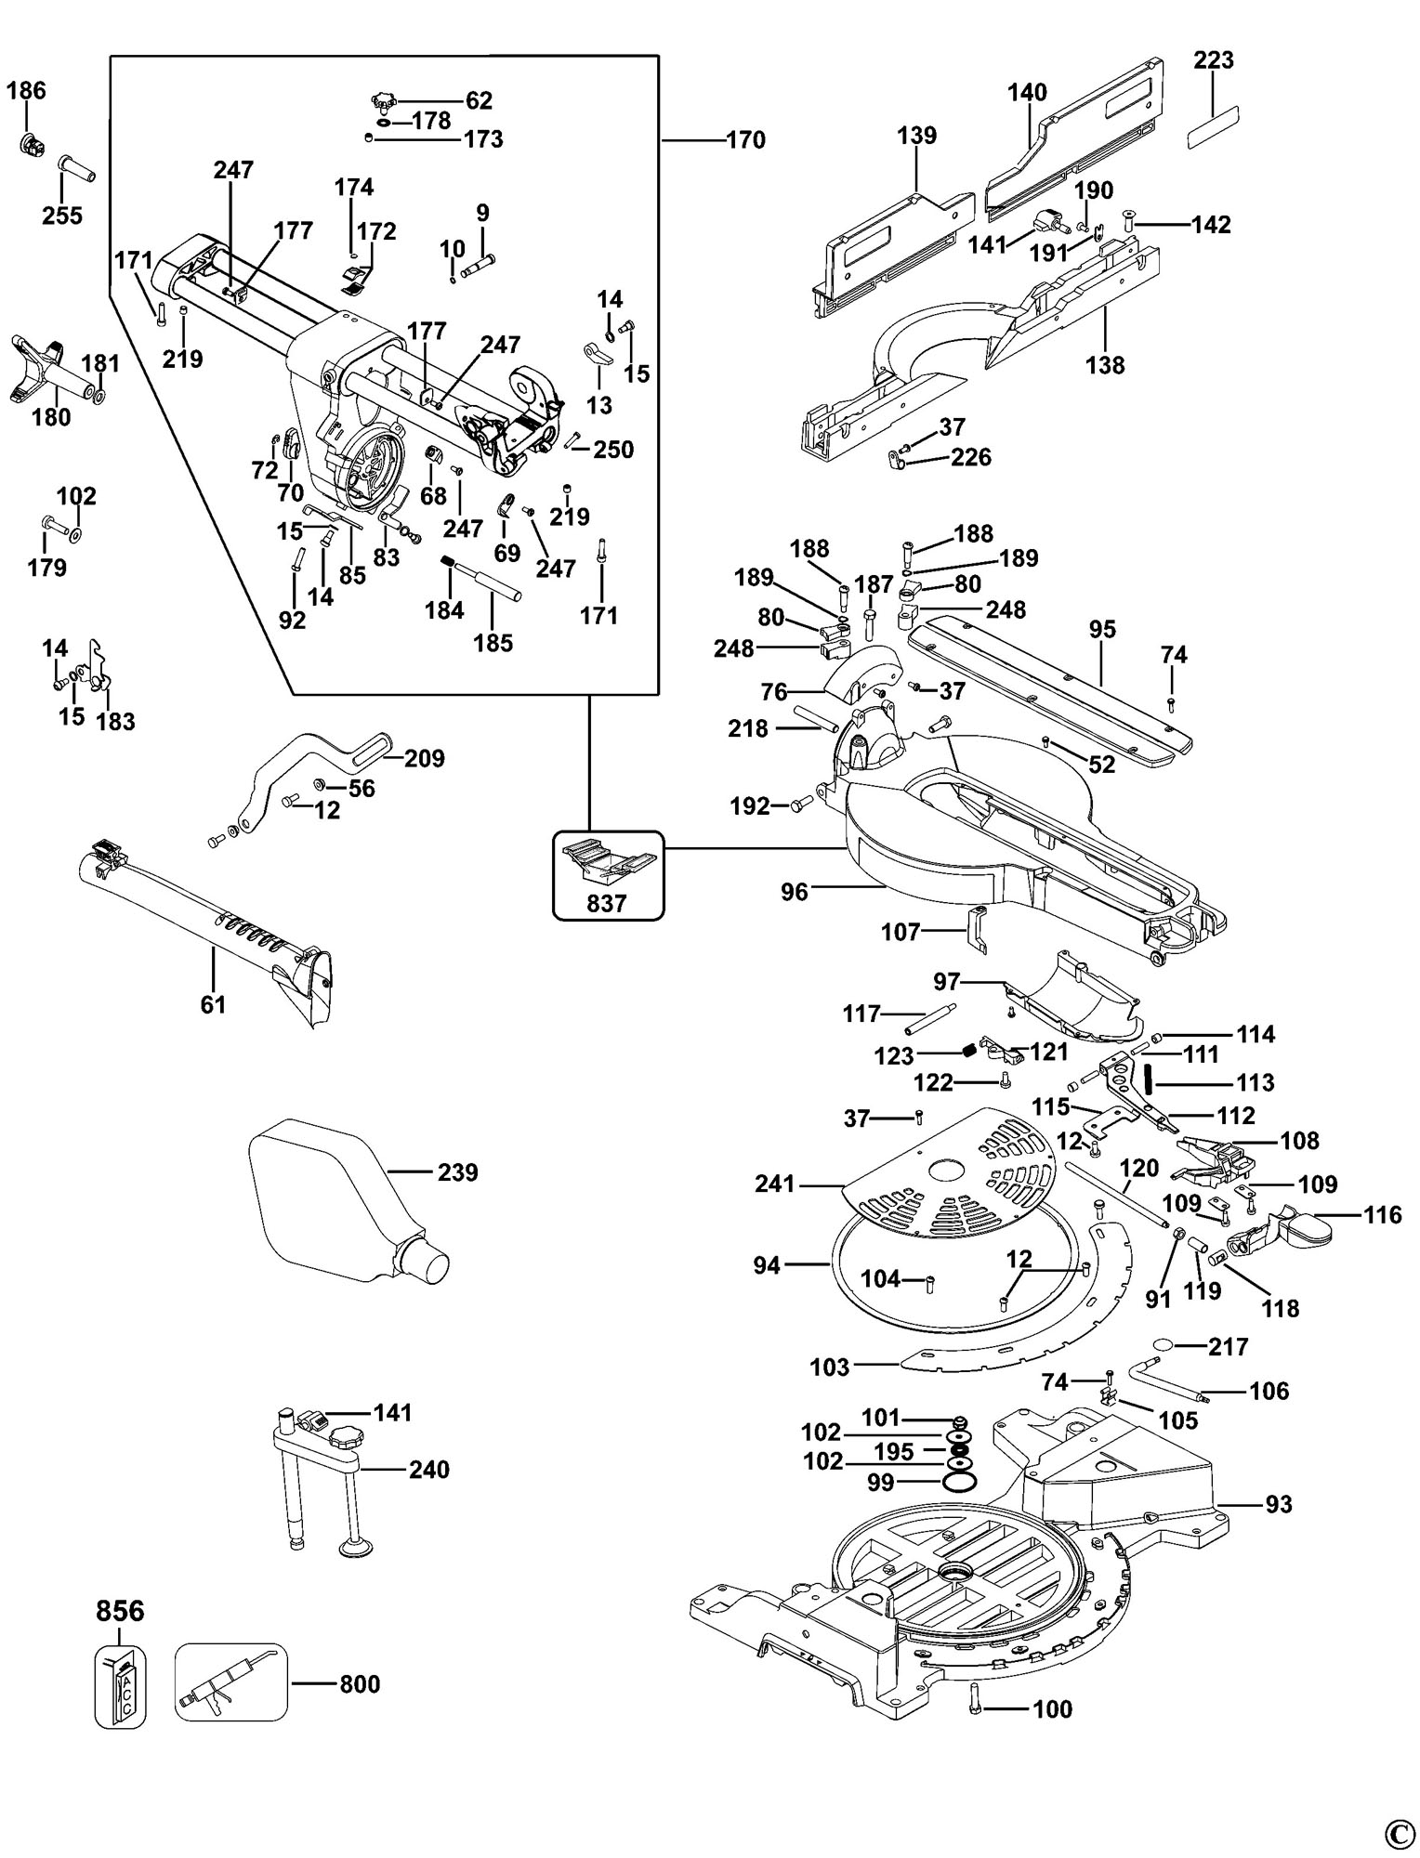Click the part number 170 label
pyautogui.click(x=745, y=140)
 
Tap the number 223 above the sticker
pyautogui.click(x=1214, y=60)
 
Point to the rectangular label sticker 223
pyautogui.click(x=1214, y=126)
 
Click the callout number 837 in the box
pyautogui.click(x=607, y=902)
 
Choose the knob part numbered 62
pyautogui.click(x=383, y=100)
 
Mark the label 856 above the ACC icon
pyautogui.click(x=120, y=1610)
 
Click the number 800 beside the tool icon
pyautogui.click(x=359, y=1683)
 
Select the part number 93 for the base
pyautogui.click(x=1279, y=1503)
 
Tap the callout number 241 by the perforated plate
pyautogui.click(x=775, y=1184)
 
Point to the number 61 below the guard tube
pyautogui.click(x=213, y=1004)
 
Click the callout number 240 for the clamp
pyautogui.click(x=428, y=1469)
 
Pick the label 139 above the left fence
pyautogui.click(x=916, y=135)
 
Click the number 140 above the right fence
pyautogui.click(x=1027, y=92)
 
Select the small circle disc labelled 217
pyautogui.click(x=1164, y=1346)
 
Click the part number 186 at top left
pyautogui.click(x=26, y=91)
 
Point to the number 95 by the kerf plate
pyautogui.click(x=1101, y=630)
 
